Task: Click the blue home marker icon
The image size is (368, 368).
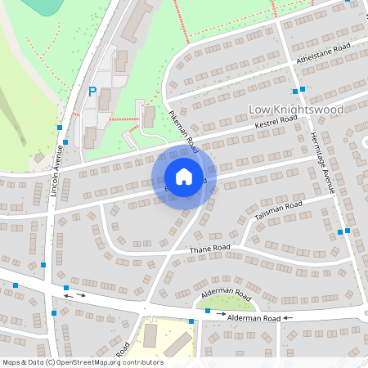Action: point(184,177)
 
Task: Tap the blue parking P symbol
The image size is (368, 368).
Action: point(92,92)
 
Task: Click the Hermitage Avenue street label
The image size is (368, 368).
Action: point(322,163)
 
